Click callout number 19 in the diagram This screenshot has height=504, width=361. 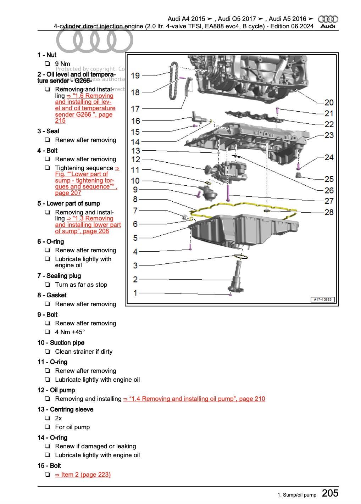[x=135, y=75]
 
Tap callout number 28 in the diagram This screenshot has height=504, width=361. [x=329, y=212]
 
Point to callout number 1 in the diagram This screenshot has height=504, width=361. [x=135, y=293]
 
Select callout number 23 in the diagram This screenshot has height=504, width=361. [x=329, y=135]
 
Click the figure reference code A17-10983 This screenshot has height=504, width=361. [x=322, y=299]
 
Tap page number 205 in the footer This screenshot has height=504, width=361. [x=330, y=493]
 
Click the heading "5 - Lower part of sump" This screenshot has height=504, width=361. [x=68, y=203]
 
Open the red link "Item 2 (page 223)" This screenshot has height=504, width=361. [x=83, y=475]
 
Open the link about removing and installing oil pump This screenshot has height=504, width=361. [x=194, y=399]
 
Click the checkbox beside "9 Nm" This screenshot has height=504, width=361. [x=47, y=64]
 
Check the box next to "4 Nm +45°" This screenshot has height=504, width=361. [x=47, y=332]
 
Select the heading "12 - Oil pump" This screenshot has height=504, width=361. [x=56, y=390]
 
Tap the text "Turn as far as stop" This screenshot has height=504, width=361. [x=81, y=285]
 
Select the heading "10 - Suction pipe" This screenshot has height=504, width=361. [x=61, y=343]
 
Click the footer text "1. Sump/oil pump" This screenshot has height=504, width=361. [x=296, y=495]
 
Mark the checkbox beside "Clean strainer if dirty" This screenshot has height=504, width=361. [x=47, y=352]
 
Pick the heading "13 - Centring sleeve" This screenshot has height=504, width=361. [x=65, y=409]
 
